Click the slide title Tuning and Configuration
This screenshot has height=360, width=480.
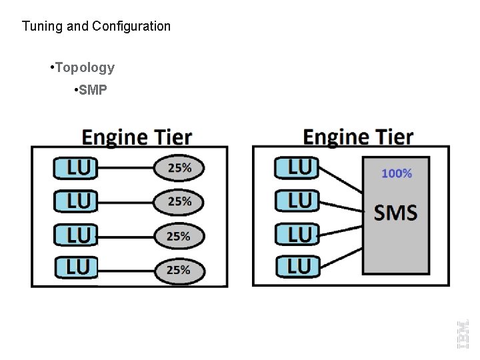point(96,27)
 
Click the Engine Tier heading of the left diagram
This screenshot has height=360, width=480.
point(137,137)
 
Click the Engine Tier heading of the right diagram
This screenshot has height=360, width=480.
point(358,137)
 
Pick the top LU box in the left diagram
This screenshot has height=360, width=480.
point(75,168)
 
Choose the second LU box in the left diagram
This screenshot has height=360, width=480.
point(75,201)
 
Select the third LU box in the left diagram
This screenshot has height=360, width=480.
point(75,235)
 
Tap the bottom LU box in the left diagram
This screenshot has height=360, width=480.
point(75,269)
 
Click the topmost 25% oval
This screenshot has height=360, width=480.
point(179,168)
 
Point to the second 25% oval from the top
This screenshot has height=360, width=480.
point(179,201)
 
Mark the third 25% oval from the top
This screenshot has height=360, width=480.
point(179,236)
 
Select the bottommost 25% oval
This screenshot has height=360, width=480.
point(179,270)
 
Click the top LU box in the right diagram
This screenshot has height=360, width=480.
point(297,167)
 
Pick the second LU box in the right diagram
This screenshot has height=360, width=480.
point(297,200)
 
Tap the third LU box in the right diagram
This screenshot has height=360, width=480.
point(297,234)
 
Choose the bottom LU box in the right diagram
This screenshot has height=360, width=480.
point(297,267)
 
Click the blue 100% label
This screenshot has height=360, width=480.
point(397,173)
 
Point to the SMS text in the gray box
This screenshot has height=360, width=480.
point(396,213)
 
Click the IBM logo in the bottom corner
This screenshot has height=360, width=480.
point(462,333)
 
